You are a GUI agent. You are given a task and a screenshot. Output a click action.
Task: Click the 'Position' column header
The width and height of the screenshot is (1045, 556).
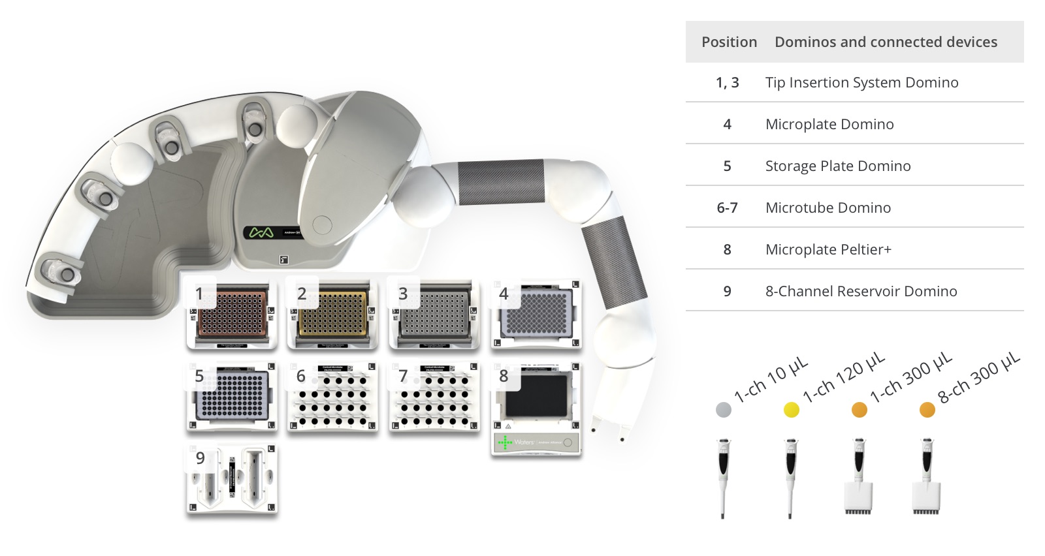tap(729, 42)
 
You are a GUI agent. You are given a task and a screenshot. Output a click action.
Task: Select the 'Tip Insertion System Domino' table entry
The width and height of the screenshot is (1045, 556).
tap(861, 83)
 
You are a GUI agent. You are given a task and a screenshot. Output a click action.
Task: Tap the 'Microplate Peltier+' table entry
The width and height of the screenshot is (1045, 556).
tap(828, 250)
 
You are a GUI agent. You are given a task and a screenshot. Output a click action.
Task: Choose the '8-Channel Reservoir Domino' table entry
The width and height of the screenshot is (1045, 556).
tap(861, 292)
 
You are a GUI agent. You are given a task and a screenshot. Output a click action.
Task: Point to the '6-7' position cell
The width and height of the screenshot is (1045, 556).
tap(727, 208)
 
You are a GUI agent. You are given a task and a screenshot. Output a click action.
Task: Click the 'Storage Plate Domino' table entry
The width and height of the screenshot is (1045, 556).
tap(837, 166)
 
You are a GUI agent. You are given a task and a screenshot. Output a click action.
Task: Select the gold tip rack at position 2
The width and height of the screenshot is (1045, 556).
tap(334, 314)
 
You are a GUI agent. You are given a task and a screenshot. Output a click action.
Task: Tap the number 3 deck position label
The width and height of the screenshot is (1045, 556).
tap(403, 294)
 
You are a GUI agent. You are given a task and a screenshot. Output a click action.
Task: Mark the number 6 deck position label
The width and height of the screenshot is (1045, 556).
tap(301, 377)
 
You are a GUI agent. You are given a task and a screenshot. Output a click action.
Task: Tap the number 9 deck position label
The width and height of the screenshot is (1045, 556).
tap(201, 459)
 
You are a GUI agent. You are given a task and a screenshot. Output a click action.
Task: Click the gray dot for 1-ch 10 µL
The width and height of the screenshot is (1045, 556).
tap(724, 410)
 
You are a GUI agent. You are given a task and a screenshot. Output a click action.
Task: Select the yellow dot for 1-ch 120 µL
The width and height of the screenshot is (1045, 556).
tap(792, 410)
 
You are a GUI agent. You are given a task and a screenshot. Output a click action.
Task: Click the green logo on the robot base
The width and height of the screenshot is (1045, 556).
tap(261, 232)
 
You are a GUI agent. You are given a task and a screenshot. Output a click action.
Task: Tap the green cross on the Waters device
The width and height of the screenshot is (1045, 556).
tap(504, 443)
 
